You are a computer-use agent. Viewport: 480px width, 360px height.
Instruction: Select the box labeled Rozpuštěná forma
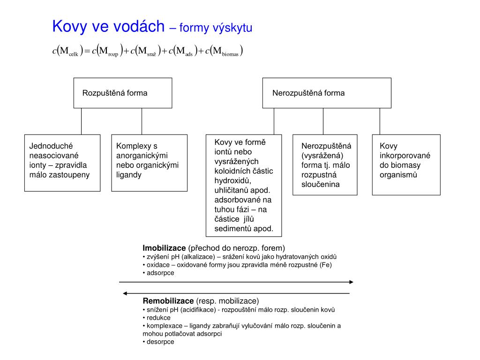[123, 93]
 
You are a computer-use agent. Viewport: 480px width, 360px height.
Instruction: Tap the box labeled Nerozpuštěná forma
[327, 93]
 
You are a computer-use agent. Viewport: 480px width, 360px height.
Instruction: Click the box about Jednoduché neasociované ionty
[62, 163]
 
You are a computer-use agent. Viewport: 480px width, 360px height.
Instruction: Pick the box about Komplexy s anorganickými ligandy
[150, 163]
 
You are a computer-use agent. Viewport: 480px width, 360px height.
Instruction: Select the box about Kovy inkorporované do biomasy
[406, 165]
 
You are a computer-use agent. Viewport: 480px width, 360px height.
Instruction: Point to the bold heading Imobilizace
[165, 248]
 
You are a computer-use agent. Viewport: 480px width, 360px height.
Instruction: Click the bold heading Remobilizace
[168, 301]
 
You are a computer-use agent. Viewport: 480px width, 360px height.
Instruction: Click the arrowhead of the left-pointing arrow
[126, 293]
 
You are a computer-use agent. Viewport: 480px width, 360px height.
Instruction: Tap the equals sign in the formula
[87, 51]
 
